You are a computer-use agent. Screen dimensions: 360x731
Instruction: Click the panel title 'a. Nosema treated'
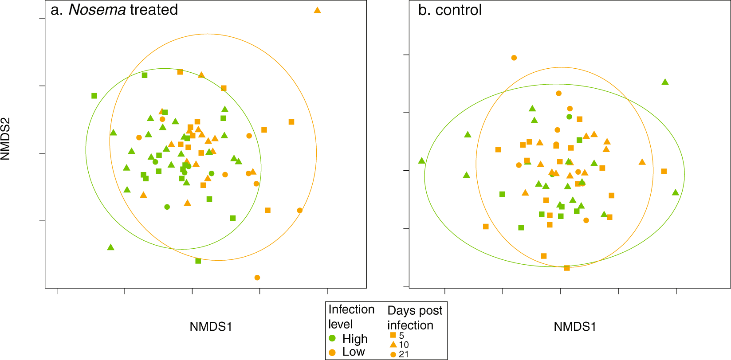114,10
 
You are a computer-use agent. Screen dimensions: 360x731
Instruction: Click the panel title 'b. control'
450,10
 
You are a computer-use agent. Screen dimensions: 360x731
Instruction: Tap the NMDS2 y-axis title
6,138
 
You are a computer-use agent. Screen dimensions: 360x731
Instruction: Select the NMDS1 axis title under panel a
211,327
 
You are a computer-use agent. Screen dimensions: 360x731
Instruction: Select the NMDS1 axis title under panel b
575,327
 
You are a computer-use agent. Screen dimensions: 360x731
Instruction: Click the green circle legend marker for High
332,339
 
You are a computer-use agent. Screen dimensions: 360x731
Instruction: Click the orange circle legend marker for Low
332,352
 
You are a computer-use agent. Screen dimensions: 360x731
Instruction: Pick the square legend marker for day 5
393,335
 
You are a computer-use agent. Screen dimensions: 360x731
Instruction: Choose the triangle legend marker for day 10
393,344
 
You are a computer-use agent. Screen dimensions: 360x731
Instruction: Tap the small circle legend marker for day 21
393,354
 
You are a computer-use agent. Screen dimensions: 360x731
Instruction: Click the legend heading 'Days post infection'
415,318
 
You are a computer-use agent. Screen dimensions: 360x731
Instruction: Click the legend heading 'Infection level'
351,317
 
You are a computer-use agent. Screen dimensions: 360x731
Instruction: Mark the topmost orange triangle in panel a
317,10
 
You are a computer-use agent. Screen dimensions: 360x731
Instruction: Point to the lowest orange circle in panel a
257,278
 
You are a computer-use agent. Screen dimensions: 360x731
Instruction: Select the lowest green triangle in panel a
111,247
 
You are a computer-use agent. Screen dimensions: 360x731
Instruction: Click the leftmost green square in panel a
94,96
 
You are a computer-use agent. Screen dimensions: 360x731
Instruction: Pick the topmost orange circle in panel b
514,58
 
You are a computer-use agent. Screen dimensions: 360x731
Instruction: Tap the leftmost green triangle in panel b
422,161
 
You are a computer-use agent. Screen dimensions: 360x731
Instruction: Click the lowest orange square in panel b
567,268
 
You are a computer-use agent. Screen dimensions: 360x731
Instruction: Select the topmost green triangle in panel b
665,82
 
